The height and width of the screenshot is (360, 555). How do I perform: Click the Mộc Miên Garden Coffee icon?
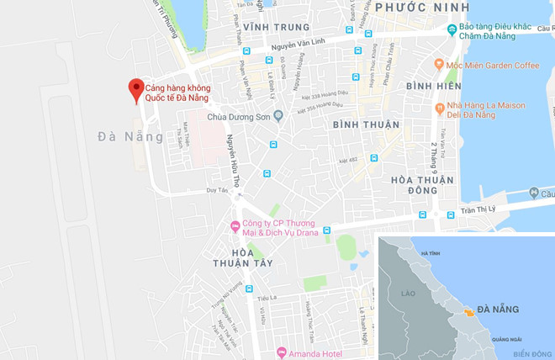pyautogui.click(x=438, y=64)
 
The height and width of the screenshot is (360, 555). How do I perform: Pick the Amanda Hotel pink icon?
pyautogui.click(x=282, y=352)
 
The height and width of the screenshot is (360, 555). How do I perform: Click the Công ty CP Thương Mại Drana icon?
pyautogui.click(x=235, y=225)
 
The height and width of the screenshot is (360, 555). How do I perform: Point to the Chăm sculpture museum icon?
pyautogui.click(x=452, y=30)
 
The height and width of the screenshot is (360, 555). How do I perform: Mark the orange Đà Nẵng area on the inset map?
pyautogui.click(x=464, y=312)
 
